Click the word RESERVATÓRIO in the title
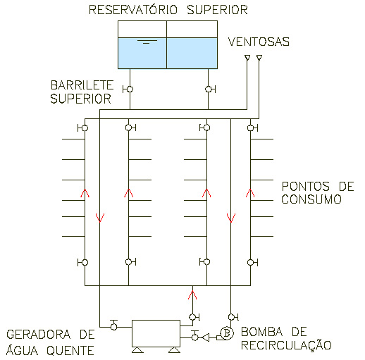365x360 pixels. point(133,10)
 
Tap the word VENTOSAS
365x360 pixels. point(259,42)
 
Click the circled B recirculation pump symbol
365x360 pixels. point(227,333)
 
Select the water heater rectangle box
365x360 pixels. point(156,333)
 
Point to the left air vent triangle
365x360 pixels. point(247,58)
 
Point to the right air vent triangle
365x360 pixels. point(259,58)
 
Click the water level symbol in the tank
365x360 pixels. point(147,42)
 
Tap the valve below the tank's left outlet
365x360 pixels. point(128,89)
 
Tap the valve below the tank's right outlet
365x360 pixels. point(210,89)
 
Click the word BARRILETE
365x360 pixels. point(82,85)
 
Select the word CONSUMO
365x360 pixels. point(311,199)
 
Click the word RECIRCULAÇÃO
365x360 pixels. point(286,345)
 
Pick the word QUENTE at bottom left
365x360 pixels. point(70,351)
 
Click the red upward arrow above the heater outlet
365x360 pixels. point(192,295)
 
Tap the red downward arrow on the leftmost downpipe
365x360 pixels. point(100,218)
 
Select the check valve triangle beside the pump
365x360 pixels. point(206,337)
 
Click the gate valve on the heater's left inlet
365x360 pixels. point(114,325)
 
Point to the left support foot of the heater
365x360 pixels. point(137,350)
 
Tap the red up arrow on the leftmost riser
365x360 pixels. point(85,193)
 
